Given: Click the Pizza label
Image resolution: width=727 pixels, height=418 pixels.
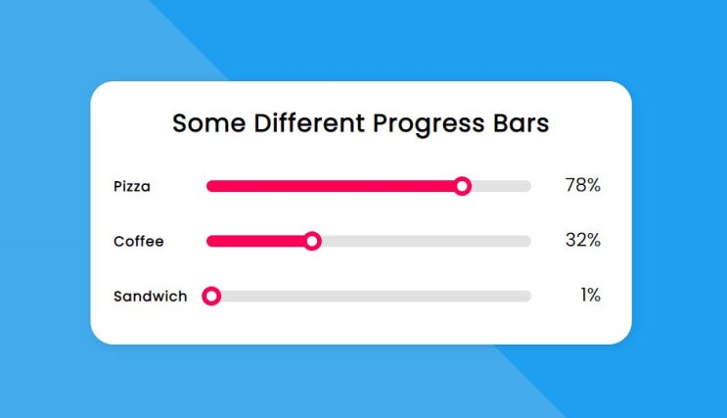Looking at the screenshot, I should (132, 186).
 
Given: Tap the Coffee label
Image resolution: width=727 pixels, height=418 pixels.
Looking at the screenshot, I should (139, 241).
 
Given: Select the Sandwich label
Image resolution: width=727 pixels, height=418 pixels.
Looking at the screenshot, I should (150, 296).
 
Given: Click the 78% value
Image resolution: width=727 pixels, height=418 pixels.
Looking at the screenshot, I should (582, 185).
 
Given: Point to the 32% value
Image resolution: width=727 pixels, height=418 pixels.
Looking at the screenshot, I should (582, 240).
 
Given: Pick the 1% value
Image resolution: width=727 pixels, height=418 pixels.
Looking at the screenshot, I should (590, 295).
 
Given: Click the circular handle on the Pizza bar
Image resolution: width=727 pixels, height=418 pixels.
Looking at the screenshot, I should (463, 186).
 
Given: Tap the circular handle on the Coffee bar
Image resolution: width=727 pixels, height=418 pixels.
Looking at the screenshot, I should (312, 241).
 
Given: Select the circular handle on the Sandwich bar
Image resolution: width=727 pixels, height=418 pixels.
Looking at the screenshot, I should (211, 296).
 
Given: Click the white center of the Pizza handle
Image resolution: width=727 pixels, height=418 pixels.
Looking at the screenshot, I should (463, 186).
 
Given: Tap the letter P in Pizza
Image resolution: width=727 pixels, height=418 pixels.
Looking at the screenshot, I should (118, 186).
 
